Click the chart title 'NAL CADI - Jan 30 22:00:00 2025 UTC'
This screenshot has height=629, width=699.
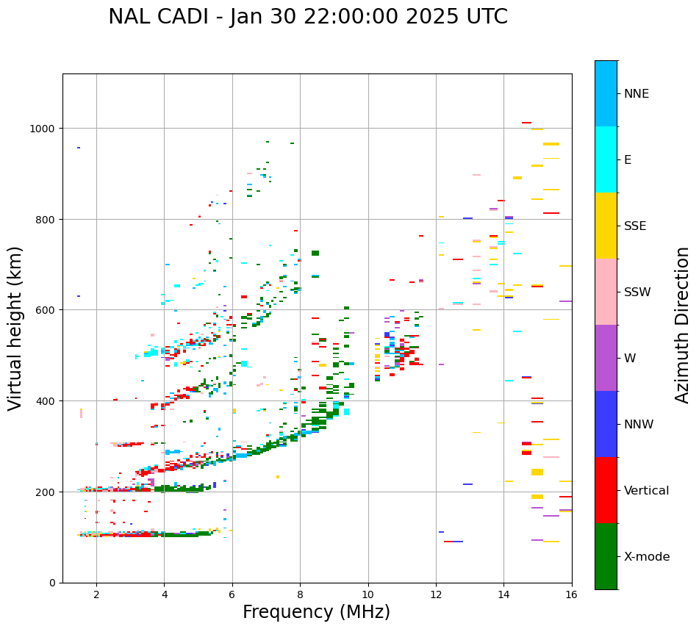click(307, 17)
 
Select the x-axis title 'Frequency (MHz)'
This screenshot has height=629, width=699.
click(316, 612)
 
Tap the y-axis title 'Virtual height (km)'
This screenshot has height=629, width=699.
click(15, 328)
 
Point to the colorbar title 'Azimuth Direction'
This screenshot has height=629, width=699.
click(683, 325)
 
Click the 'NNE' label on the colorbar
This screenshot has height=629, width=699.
click(637, 93)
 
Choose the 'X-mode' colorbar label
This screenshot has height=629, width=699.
click(647, 556)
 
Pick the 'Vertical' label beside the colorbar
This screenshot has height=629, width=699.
click(647, 490)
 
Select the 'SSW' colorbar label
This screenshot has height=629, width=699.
click(637, 292)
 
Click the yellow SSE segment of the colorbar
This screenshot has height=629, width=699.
click(606, 226)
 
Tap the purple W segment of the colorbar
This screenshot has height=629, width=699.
click(606, 358)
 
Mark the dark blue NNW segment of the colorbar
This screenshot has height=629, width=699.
click(606, 424)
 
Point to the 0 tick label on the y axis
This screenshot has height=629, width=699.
click(51, 583)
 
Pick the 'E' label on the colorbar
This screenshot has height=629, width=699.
click(628, 159)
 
